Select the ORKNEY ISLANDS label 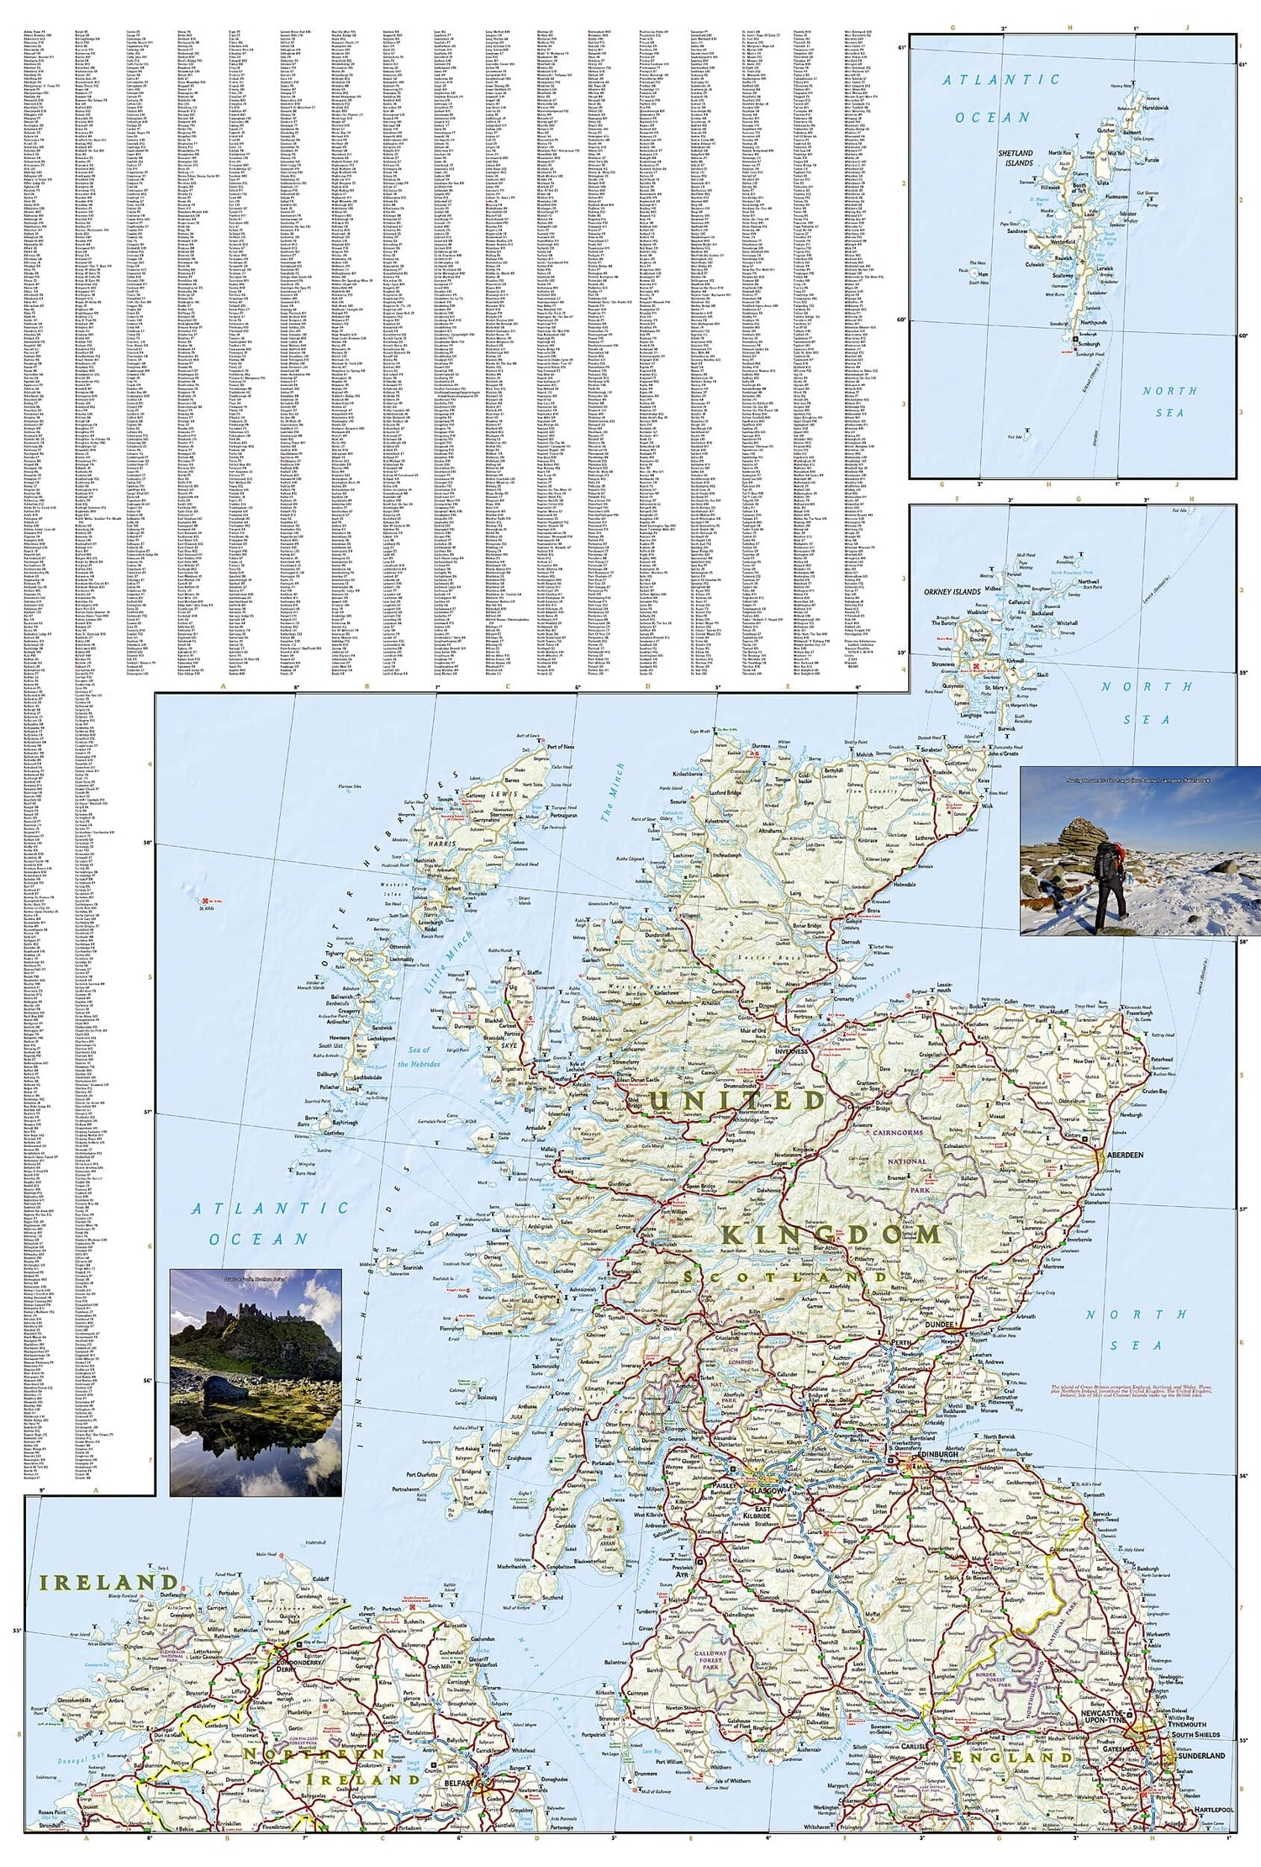(952, 591)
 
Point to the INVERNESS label (790, 1051)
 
